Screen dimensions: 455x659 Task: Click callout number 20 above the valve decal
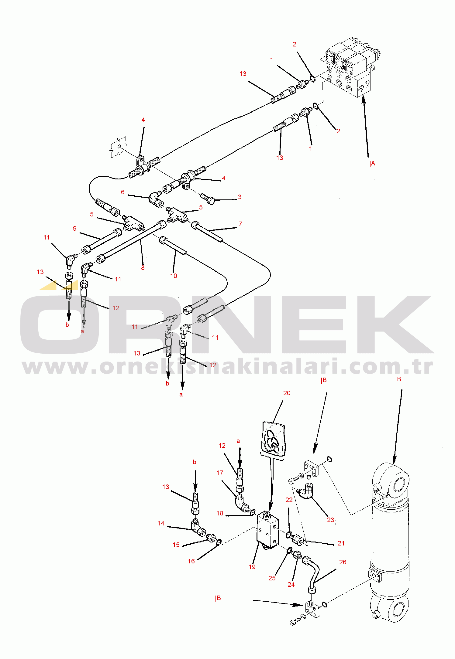click(x=287, y=393)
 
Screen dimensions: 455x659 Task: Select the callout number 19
click(x=252, y=567)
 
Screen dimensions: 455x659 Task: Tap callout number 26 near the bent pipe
click(x=343, y=562)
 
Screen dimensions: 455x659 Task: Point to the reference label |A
click(x=372, y=164)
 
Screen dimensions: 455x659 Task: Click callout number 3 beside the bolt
click(x=240, y=197)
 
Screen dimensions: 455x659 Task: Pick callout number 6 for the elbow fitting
click(x=123, y=192)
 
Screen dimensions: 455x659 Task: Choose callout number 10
click(x=174, y=276)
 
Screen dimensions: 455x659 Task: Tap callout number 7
click(x=240, y=224)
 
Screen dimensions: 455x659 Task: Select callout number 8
click(x=143, y=268)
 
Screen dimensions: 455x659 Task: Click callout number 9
click(x=75, y=229)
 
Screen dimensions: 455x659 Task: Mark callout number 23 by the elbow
click(x=331, y=520)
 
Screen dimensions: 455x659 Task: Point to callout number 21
click(x=341, y=543)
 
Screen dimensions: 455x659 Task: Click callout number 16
click(x=191, y=561)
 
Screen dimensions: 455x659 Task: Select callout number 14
click(x=161, y=523)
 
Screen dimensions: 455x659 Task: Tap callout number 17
click(x=220, y=473)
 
